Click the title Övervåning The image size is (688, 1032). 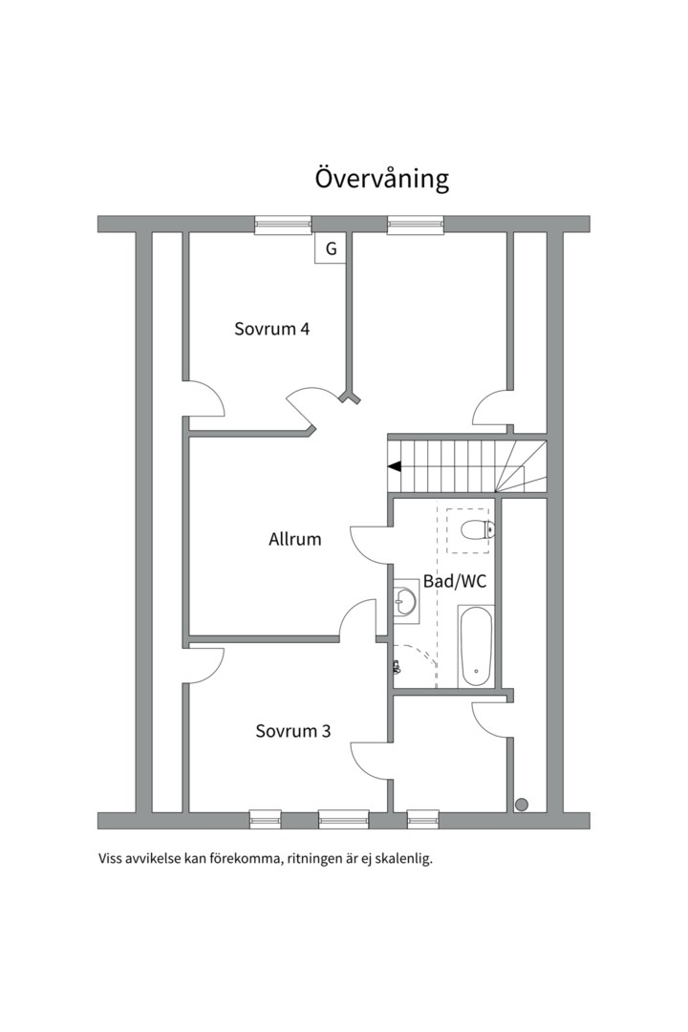(x=381, y=179)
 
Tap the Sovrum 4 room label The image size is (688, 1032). (x=271, y=329)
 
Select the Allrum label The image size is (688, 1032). (x=294, y=539)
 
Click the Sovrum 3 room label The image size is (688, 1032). (x=292, y=731)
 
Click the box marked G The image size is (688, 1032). (x=331, y=249)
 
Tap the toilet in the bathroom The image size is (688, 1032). (x=476, y=530)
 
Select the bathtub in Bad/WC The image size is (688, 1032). (x=475, y=647)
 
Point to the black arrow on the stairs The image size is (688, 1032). (x=394, y=466)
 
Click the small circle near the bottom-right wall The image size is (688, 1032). (x=521, y=804)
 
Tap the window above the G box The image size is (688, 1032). (x=283, y=225)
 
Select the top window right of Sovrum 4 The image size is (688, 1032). (x=416, y=225)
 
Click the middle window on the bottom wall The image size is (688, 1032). (x=343, y=819)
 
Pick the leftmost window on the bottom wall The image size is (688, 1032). (x=265, y=819)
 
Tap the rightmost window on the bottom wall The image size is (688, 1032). (x=422, y=819)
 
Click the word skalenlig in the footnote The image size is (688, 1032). (x=403, y=859)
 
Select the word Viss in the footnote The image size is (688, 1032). (x=111, y=858)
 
